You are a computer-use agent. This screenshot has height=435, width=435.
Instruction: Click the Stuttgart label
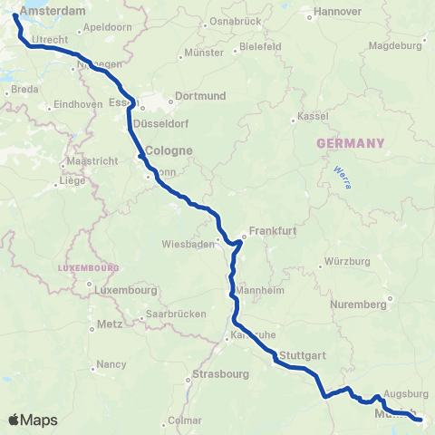[x=302, y=355]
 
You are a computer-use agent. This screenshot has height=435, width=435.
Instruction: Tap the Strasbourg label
[x=220, y=373]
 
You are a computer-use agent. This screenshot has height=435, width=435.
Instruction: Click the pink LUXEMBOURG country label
[x=88, y=268]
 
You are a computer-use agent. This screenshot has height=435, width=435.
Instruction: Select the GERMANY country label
[x=350, y=143]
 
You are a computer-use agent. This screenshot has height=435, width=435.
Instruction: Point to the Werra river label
[x=341, y=173]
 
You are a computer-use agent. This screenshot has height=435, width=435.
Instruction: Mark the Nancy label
[x=112, y=363]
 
